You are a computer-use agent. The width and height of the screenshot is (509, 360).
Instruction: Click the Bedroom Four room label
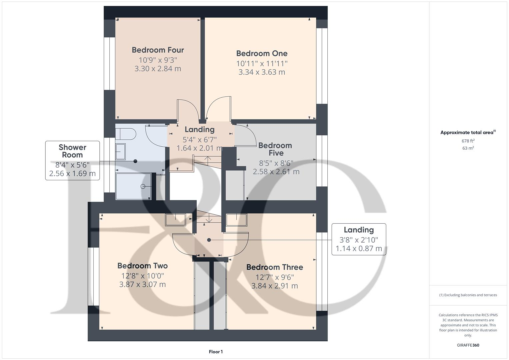pyautogui.click(x=158, y=50)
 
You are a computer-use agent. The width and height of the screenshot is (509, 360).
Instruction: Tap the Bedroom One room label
pyautogui.click(x=262, y=53)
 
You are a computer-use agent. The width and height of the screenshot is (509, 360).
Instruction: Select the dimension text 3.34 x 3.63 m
pyautogui.click(x=262, y=72)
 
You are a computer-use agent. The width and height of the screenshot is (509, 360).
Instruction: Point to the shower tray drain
pyautogui.click(x=143, y=186)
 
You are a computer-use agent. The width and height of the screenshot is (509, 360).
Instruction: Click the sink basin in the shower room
pyautogui.click(x=120, y=152)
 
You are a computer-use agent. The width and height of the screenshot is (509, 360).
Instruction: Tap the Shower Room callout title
pyautogui.click(x=72, y=151)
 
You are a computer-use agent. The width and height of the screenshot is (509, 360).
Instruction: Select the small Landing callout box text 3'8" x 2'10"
pyautogui.click(x=359, y=240)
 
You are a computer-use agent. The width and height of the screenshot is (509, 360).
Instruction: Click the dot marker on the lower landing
pyautogui.click(x=209, y=240)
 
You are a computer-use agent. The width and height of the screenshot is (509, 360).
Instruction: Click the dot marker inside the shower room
pyautogui.click(x=135, y=161)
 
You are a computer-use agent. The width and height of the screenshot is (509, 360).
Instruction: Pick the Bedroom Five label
pyautogui.click(x=275, y=149)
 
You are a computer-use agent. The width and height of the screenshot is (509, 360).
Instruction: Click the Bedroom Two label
pyautogui.click(x=142, y=266)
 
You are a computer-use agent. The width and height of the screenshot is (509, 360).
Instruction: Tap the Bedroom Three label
pyautogui.click(x=275, y=267)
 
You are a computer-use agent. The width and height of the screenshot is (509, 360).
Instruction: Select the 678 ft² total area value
pyautogui.click(x=468, y=141)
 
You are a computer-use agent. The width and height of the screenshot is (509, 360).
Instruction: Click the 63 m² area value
pyautogui.click(x=468, y=148)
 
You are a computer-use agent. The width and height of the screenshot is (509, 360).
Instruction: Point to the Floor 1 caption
pyautogui.click(x=216, y=352)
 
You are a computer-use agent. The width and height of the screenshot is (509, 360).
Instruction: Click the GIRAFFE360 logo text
pyautogui.click(x=468, y=345)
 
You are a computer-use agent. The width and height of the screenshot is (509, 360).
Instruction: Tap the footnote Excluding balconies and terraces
pyautogui.click(x=468, y=295)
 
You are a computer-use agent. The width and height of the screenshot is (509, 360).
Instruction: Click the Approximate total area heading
pyautogui.click(x=467, y=133)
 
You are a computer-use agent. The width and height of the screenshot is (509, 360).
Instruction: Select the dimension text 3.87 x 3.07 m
pyautogui.click(x=142, y=284)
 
